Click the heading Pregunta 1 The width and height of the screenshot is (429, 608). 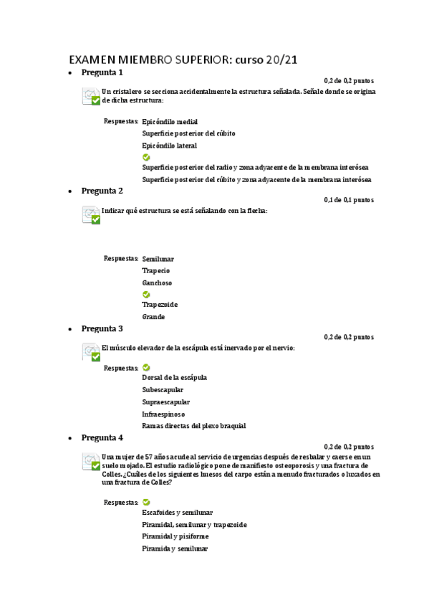click(102, 72)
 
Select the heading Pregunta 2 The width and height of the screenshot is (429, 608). click(102, 191)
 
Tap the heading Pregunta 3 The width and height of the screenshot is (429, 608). click(102, 328)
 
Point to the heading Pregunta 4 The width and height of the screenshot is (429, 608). click(102, 437)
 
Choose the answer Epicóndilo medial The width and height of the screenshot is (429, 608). click(170, 122)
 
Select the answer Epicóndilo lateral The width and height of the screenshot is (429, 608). click(169, 146)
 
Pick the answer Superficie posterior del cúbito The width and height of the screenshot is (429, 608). click(188, 133)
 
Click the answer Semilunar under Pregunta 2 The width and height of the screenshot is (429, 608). click(158, 259)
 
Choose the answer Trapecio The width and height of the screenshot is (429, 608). click(155, 270)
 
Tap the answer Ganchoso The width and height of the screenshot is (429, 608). click(156, 282)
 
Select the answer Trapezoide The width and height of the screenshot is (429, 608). click(160, 305)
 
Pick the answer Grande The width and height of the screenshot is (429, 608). click(153, 316)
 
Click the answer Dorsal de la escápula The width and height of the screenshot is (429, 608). click(174, 377)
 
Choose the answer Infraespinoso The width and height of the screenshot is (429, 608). click(163, 414)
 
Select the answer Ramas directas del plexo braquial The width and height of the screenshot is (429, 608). click(193, 426)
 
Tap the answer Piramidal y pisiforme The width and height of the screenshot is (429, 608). click(175, 536)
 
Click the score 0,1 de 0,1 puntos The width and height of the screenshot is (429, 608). click(348, 200)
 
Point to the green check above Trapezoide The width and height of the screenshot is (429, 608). click(146, 294)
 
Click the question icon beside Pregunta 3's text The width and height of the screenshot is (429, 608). click(91, 352)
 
